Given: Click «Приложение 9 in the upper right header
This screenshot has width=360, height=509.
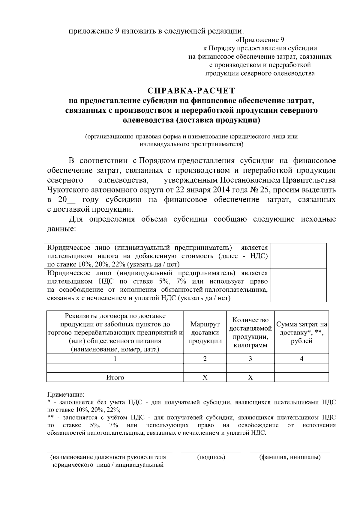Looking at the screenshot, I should coord(260,40).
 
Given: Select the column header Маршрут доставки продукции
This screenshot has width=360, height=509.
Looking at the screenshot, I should coord(205,333).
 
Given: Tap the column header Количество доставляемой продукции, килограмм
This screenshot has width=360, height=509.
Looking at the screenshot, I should coord(250,333).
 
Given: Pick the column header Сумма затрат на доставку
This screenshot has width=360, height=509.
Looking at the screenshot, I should coord(301,333).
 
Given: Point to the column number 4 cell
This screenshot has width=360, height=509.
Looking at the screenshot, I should coord(301,359).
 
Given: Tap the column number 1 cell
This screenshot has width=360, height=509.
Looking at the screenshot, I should coord(115,359).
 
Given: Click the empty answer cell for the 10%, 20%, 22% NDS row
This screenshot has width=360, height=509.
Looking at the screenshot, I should coord(298,256).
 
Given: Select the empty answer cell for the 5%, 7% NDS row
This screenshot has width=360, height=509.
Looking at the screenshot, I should coord(298,285).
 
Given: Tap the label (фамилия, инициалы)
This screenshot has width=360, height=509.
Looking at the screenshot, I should coord(290,457).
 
